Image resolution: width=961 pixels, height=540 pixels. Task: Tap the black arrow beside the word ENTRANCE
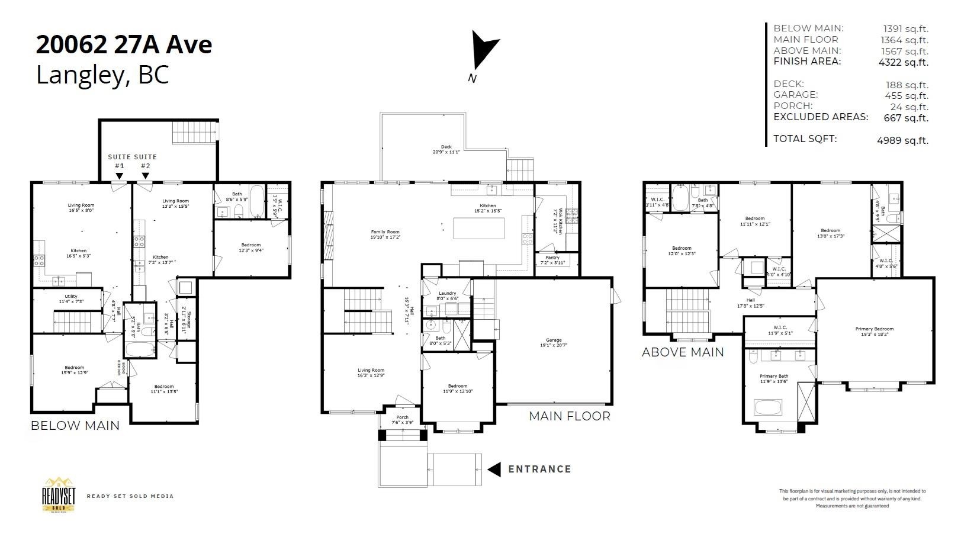pyautogui.click(x=494, y=470)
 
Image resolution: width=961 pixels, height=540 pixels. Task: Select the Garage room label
pyautogui.click(x=554, y=340)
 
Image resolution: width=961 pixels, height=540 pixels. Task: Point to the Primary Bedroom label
pyautogui.click(x=874, y=329)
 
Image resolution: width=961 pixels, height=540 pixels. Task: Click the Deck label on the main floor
pyautogui.click(x=446, y=147)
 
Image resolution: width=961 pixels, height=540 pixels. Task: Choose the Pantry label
pyautogui.click(x=552, y=258)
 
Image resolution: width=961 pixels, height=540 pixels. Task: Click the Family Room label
pyautogui.click(x=385, y=232)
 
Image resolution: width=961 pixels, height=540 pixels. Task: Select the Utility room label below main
pyautogui.click(x=70, y=297)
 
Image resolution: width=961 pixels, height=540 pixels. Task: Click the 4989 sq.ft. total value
pyautogui.click(x=902, y=140)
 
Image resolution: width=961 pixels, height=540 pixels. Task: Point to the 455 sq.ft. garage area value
pyautogui.click(x=906, y=95)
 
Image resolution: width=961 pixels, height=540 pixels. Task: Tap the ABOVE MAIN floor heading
pyautogui.click(x=682, y=352)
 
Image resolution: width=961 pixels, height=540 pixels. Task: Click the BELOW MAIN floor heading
pyautogui.click(x=75, y=425)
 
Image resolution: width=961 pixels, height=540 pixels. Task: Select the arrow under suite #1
pyautogui.click(x=120, y=176)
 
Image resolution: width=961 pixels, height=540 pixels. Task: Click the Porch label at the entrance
pyautogui.click(x=402, y=417)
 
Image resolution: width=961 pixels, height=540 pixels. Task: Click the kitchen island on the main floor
pyautogui.click(x=478, y=229)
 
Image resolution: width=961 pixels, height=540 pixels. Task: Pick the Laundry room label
pyautogui.click(x=447, y=293)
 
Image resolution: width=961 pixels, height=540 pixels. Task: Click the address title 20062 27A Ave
pyautogui.click(x=124, y=44)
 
